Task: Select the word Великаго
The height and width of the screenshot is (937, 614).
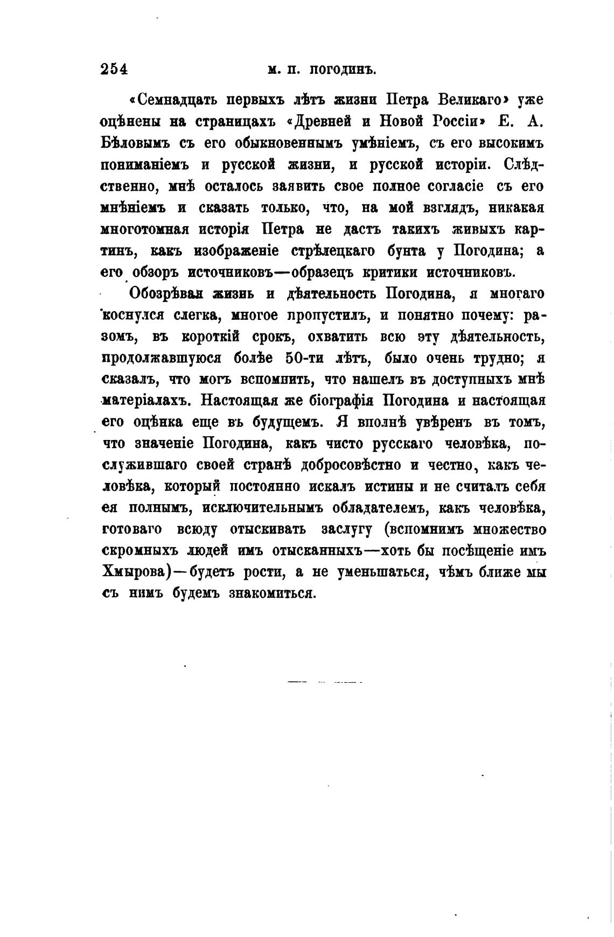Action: (x=470, y=100)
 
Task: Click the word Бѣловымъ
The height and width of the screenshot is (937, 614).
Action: (x=135, y=143)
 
